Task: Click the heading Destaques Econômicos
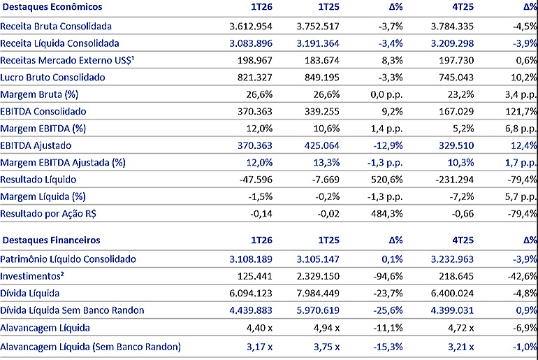(52, 7)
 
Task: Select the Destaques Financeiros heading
(51, 240)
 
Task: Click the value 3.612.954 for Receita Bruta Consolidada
(251, 26)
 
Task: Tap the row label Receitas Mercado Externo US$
(67, 60)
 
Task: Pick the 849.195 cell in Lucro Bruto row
(322, 77)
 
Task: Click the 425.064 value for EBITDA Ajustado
(322, 145)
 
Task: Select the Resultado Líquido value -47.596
(256, 180)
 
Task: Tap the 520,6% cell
(386, 180)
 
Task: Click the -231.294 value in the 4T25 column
(455, 180)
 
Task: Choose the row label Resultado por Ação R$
(48, 214)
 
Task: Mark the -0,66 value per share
(463, 214)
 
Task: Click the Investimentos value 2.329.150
(318, 276)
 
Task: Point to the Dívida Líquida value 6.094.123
(251, 294)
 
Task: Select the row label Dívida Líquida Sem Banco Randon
(72, 310)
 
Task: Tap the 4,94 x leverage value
(327, 328)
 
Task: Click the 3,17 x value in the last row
(259, 347)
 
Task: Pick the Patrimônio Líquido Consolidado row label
(68, 259)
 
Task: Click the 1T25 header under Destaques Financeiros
(328, 240)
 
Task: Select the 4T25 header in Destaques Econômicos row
(463, 7)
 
